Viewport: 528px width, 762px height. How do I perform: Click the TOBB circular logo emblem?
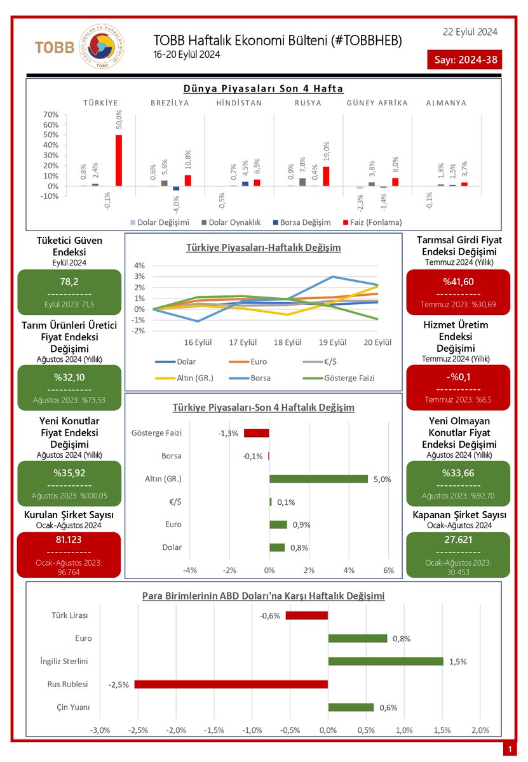click(x=102, y=46)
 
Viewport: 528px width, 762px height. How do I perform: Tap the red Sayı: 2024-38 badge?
click(x=464, y=60)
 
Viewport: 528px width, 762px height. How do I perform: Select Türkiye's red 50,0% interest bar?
click(x=118, y=160)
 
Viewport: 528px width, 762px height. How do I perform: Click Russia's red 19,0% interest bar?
click(x=326, y=177)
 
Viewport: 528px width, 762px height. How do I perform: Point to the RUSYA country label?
click(x=308, y=103)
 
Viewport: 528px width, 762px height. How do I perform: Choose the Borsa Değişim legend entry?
click(x=302, y=222)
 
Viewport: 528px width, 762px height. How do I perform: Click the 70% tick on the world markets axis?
click(x=50, y=114)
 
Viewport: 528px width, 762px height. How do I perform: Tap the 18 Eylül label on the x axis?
click(x=287, y=342)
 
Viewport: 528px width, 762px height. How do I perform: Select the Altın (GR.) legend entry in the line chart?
click(x=184, y=378)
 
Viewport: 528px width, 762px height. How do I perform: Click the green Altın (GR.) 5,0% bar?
click(x=318, y=479)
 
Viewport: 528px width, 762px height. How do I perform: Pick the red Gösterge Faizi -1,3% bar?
click(x=256, y=433)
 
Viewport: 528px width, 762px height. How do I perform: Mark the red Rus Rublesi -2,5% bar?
click(x=231, y=684)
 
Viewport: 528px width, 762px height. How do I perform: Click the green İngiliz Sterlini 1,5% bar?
click(x=386, y=661)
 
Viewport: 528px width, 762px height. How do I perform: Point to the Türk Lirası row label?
click(x=69, y=615)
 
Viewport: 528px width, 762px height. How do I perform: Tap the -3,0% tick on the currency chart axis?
click(x=100, y=730)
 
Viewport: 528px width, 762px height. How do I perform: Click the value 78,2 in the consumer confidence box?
click(x=69, y=282)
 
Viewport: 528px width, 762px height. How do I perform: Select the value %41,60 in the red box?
click(x=458, y=282)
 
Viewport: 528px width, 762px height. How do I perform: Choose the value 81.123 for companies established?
click(x=69, y=540)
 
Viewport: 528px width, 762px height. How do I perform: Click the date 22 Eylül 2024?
click(x=470, y=32)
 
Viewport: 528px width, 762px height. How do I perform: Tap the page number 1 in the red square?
click(x=510, y=749)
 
